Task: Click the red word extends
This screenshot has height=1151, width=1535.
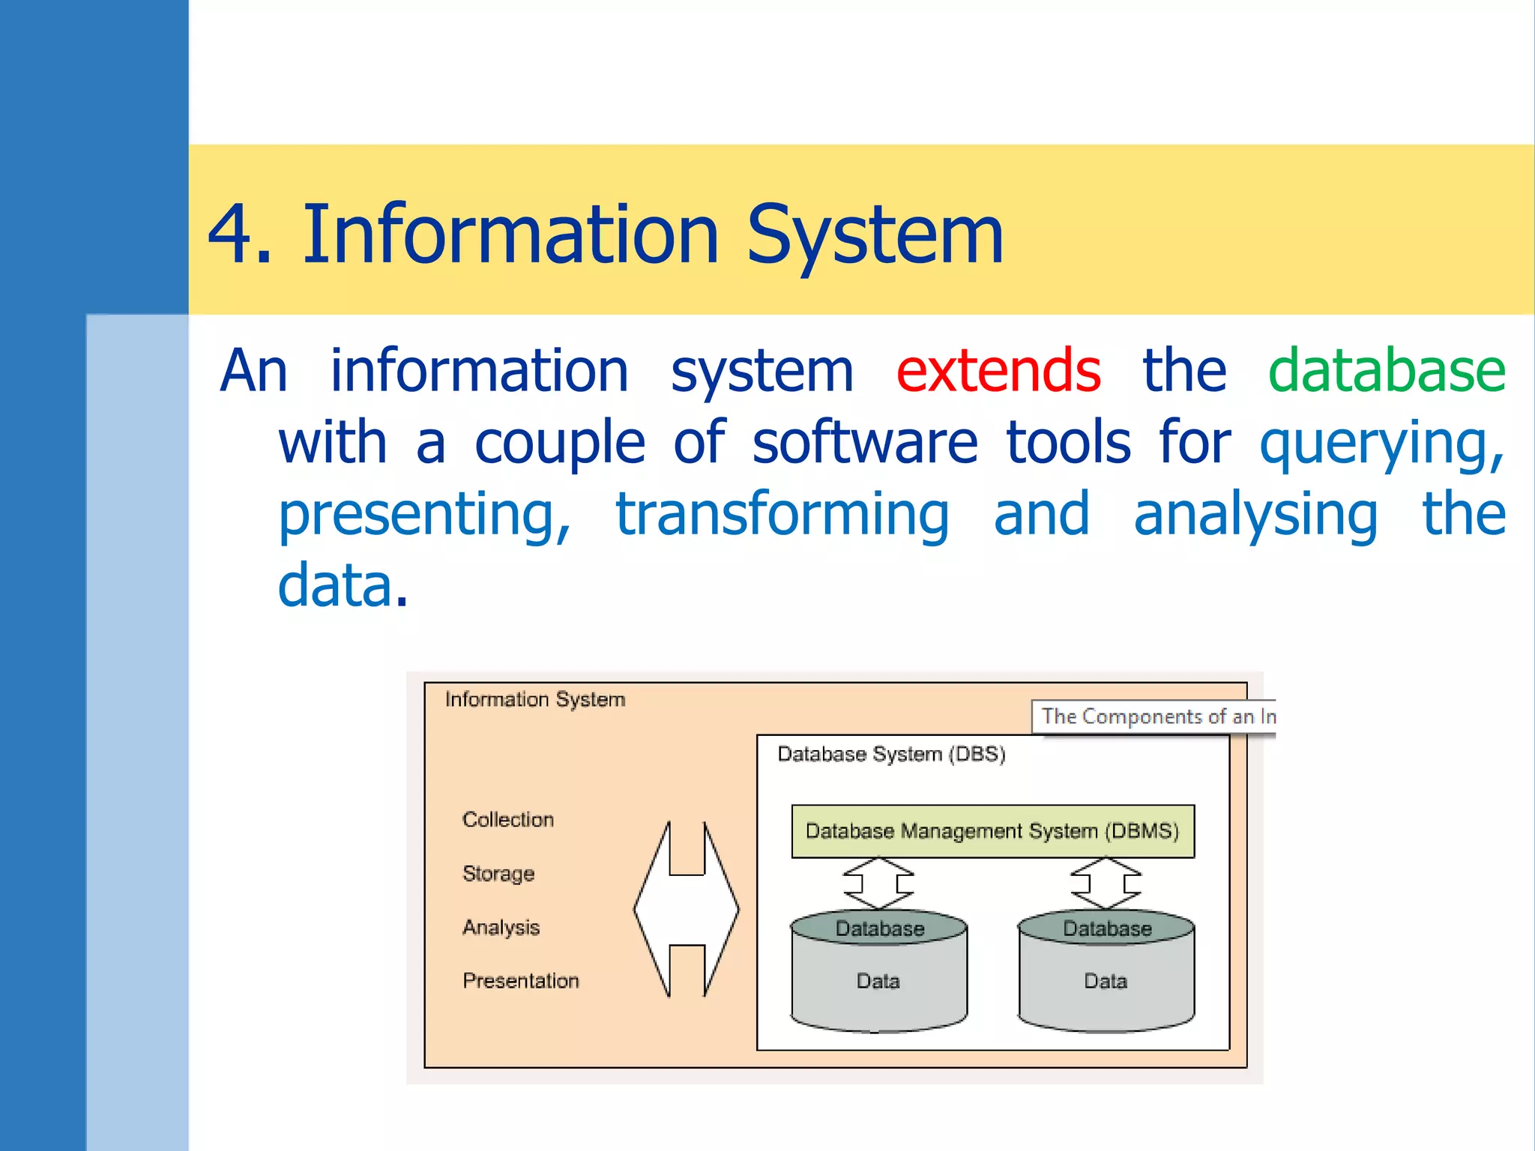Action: tap(998, 370)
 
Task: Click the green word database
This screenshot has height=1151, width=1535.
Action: tap(1386, 370)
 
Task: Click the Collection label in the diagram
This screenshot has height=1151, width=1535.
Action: tap(507, 819)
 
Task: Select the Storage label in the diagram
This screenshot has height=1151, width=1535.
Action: tap(498, 873)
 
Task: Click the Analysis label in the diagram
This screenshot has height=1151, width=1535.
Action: tap(501, 927)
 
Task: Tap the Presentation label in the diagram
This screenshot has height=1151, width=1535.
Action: tap(520, 980)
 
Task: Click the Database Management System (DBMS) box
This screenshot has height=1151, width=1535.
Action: tap(992, 831)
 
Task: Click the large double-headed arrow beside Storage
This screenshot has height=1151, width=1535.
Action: tap(686, 909)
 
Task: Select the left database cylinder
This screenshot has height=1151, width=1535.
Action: tap(878, 971)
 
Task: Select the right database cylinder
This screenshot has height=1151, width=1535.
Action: tap(1106, 971)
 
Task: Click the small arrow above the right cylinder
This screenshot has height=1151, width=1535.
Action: tap(1106, 883)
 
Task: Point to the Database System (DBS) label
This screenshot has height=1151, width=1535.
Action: tap(890, 754)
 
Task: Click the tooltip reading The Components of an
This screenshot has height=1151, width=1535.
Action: tap(1154, 716)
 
